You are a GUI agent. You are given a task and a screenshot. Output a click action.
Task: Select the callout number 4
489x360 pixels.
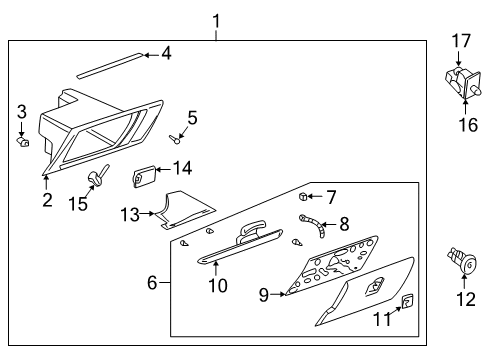[166, 53]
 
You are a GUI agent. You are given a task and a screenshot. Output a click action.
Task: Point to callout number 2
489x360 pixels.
[47, 201]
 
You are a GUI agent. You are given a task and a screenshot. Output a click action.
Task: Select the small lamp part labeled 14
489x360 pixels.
[142, 178]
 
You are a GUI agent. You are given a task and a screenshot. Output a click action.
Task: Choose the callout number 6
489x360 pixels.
[153, 283]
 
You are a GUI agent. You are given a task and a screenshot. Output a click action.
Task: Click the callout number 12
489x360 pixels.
[461, 298]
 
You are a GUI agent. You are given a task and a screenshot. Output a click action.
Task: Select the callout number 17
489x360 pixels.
[461, 41]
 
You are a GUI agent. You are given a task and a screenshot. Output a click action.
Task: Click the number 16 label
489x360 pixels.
[461, 124]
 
